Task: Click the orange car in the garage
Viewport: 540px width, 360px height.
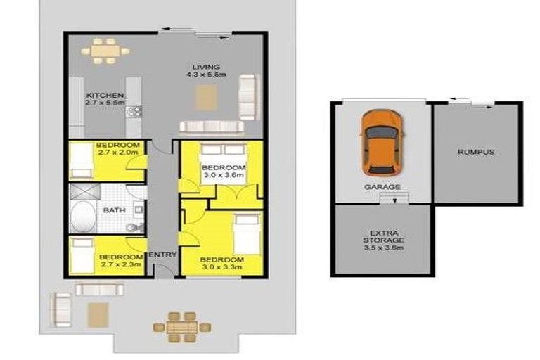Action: click(x=382, y=143)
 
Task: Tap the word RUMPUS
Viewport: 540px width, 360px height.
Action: click(x=476, y=152)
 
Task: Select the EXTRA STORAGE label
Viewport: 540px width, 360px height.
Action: click(x=383, y=237)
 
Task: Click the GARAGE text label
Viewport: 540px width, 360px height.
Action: click(x=382, y=187)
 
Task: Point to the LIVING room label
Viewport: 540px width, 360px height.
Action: click(x=206, y=67)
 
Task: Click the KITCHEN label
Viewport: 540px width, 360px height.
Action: click(x=105, y=95)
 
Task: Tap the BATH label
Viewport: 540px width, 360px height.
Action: click(x=115, y=210)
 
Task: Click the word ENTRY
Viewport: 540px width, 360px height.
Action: click(x=162, y=255)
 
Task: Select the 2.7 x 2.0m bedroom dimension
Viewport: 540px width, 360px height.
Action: click(x=118, y=152)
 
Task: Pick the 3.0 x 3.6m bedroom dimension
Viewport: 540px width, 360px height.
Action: click(x=224, y=175)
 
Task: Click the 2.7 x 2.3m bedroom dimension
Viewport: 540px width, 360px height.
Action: click(x=121, y=264)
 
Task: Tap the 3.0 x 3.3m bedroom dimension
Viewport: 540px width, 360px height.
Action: click(x=222, y=267)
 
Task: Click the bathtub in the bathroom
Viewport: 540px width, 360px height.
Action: click(x=83, y=217)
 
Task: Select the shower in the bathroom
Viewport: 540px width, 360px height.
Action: click(x=84, y=191)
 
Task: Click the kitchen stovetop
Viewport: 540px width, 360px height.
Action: click(x=134, y=111)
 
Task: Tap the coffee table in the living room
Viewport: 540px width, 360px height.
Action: click(x=206, y=98)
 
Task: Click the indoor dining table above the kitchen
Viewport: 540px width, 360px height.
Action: click(x=105, y=51)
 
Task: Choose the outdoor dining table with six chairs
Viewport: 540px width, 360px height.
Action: click(x=182, y=327)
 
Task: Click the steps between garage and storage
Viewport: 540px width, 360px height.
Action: click(x=394, y=198)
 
